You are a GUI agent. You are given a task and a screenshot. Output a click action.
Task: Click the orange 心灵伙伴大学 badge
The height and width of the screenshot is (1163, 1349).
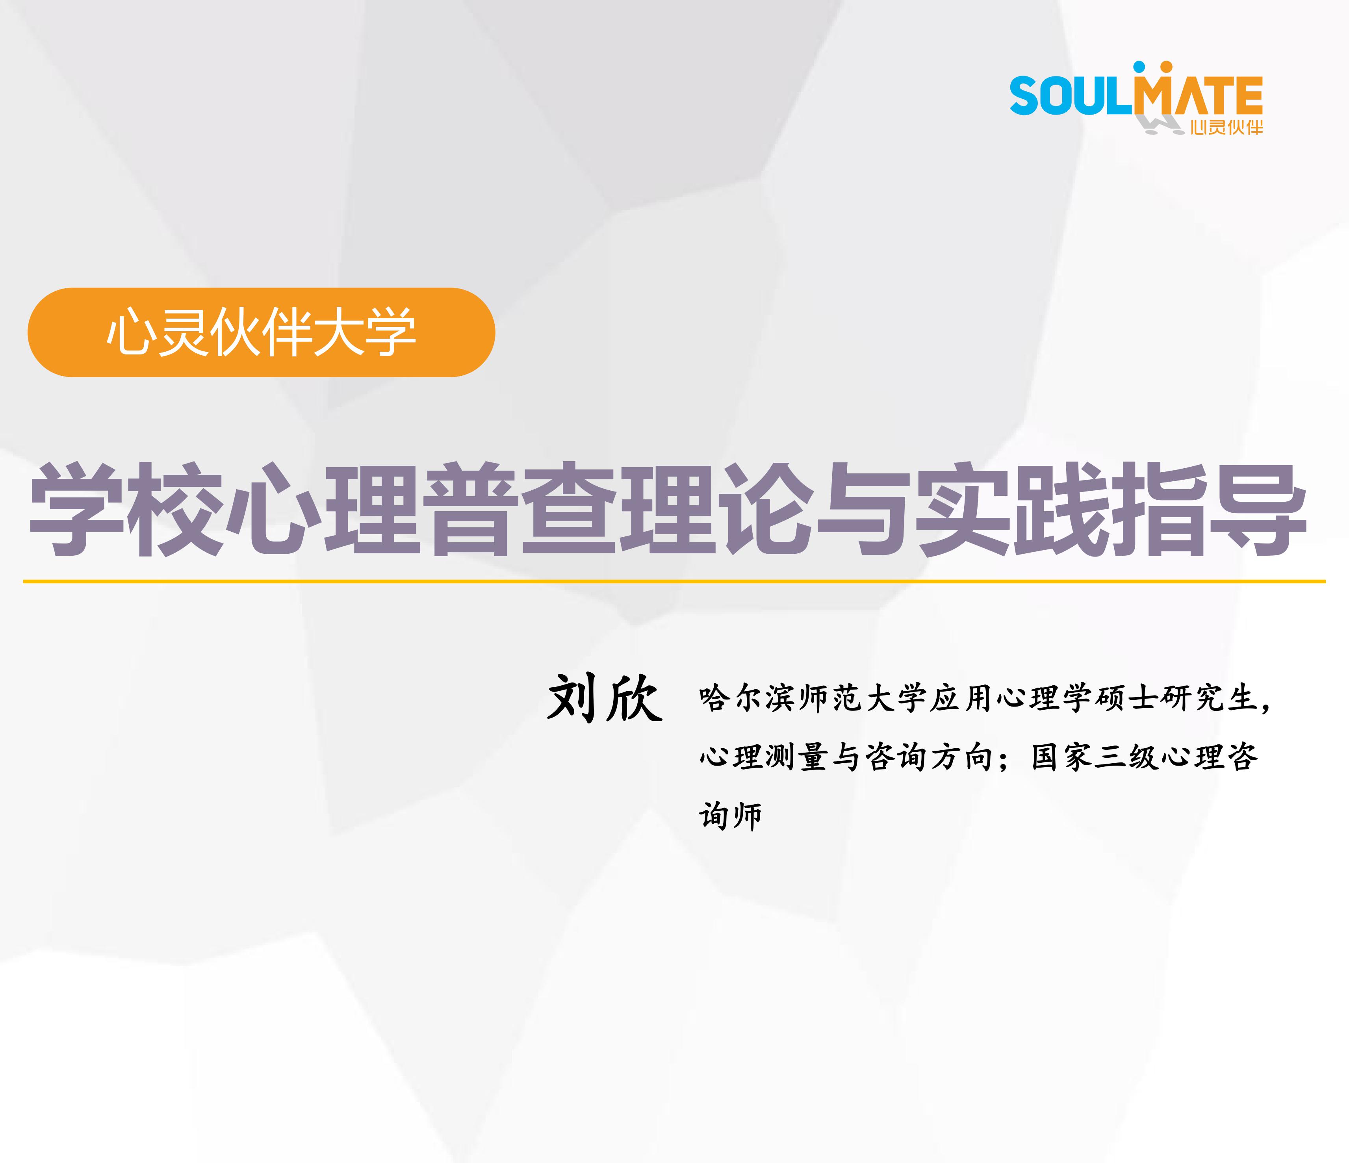pos(261,332)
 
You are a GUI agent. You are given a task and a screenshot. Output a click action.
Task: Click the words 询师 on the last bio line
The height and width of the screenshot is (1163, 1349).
pos(731,815)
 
